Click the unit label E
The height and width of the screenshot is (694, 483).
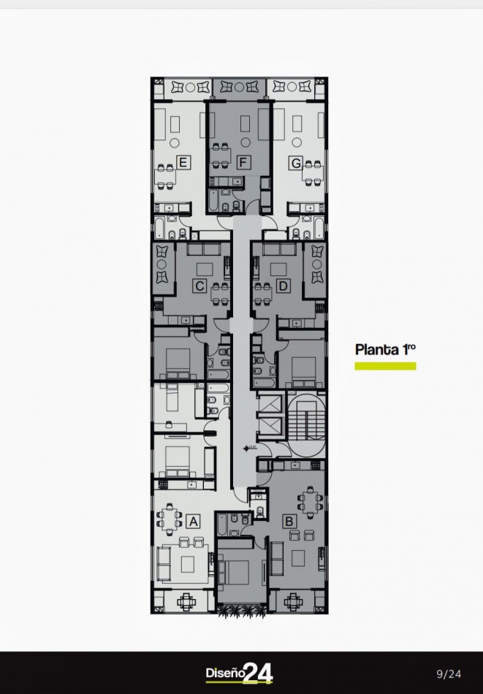tap(183, 162)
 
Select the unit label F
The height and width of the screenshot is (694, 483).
tap(243, 162)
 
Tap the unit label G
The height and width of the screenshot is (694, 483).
tap(296, 163)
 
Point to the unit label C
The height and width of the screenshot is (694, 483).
tap(199, 286)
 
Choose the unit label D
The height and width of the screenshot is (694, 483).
tap(283, 286)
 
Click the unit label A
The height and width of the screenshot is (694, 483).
tap(193, 522)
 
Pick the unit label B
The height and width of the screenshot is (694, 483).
tap(289, 522)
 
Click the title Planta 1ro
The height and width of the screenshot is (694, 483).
tap(385, 350)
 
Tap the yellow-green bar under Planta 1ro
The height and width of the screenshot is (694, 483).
tap(385, 366)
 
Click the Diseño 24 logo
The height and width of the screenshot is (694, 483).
tap(239, 674)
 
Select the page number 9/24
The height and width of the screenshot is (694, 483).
tap(449, 674)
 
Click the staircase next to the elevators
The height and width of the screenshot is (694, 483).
tap(306, 424)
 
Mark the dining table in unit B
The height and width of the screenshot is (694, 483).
tap(313, 502)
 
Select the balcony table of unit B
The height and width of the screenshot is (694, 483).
tap(292, 601)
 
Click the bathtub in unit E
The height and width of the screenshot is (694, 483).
tap(159, 227)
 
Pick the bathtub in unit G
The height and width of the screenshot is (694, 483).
tap(319, 227)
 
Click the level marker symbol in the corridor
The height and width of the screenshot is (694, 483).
tap(246, 449)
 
